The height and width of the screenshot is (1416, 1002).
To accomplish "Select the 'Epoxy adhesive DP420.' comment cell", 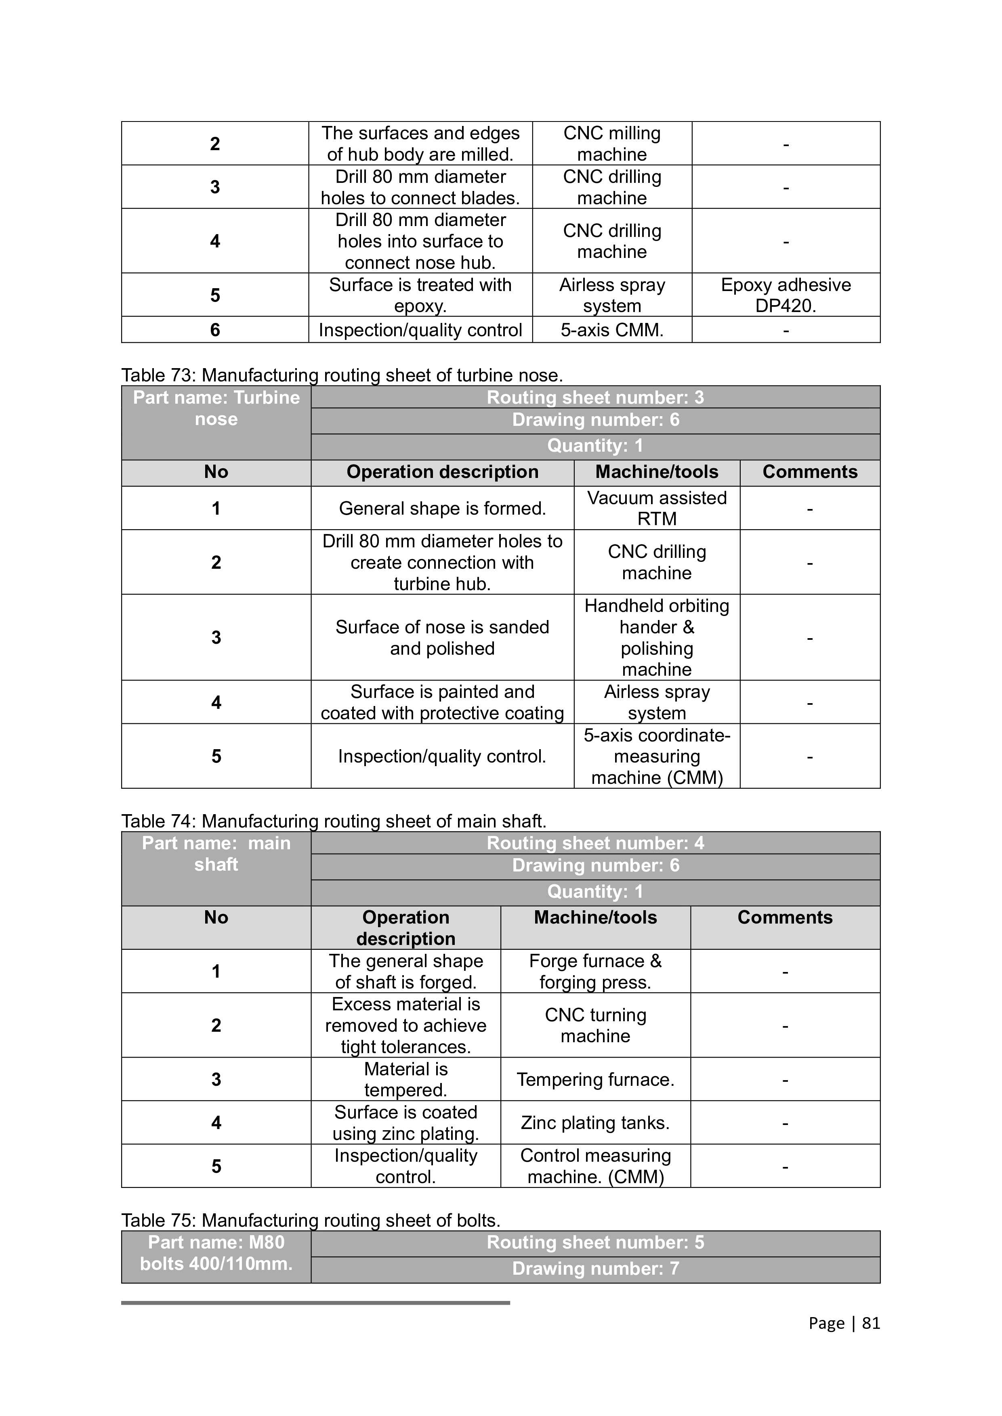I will point(786,295).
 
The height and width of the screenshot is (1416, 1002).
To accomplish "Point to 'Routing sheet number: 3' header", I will point(595,398).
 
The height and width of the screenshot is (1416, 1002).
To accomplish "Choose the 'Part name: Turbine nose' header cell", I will point(216,408).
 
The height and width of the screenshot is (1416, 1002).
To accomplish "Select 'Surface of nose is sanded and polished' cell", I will point(442,638).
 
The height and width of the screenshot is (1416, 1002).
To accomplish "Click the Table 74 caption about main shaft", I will point(334,821).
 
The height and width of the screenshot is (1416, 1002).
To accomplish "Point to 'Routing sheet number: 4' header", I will point(595,843).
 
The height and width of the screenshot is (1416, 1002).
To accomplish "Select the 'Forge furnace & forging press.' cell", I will point(595,971).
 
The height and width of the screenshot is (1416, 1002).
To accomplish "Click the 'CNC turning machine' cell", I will point(595,1025).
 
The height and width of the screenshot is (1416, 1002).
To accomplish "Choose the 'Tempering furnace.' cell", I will point(595,1079).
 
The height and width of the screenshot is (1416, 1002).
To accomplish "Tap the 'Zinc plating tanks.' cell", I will point(595,1123).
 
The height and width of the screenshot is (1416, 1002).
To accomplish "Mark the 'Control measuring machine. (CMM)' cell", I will point(595,1166).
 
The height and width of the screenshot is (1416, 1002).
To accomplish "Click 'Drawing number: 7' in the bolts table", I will point(595,1269).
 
